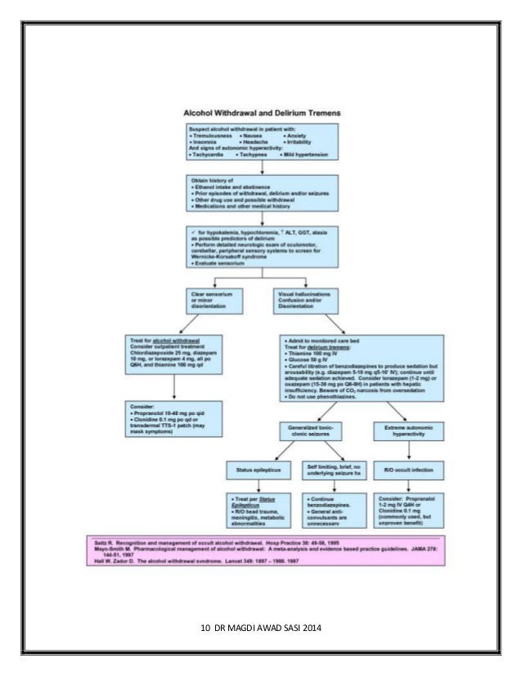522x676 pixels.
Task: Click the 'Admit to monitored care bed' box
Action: (x=361, y=369)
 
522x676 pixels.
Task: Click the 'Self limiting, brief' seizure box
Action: (x=332, y=470)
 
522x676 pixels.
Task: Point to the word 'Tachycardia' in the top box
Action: (x=209, y=154)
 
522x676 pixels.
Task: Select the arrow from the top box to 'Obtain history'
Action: (x=261, y=167)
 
